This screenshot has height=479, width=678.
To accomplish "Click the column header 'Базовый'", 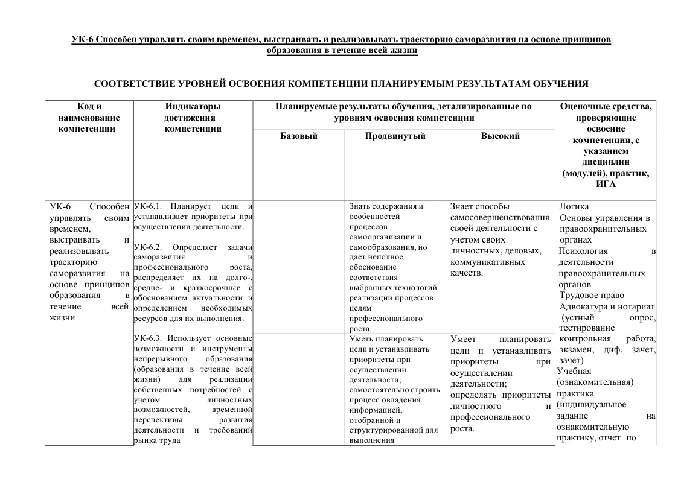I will point(298,136).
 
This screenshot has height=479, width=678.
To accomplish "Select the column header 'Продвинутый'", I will point(395,136).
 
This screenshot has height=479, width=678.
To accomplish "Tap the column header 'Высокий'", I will point(500,136).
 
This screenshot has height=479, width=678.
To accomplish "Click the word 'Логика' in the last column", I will point(574,206).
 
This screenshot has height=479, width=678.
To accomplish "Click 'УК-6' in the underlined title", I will point(82,40).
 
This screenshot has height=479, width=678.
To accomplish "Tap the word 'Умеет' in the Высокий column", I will point(463,339).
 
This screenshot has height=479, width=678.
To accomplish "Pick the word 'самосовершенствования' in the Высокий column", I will point(499,217).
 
